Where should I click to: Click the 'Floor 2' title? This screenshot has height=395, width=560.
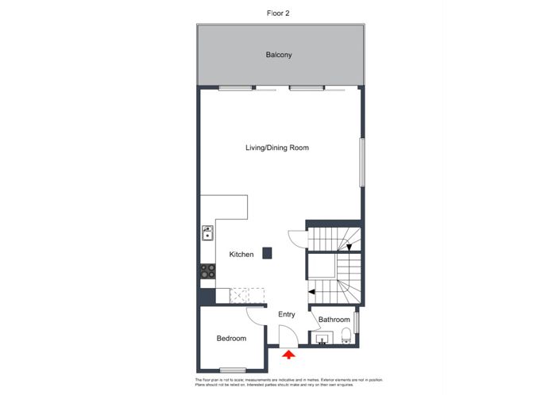click(280, 13)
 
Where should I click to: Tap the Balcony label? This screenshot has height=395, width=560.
click(280, 56)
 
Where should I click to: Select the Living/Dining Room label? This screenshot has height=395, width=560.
click(276, 148)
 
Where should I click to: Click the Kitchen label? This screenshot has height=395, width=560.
click(241, 255)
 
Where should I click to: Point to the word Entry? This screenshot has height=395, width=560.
click(287, 315)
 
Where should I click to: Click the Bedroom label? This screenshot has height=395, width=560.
click(231, 339)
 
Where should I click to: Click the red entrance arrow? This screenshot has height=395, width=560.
click(288, 356)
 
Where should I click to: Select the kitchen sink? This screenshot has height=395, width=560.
click(207, 233)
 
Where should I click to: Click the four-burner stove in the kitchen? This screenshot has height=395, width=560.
click(207, 270)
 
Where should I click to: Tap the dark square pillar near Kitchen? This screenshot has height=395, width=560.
click(268, 253)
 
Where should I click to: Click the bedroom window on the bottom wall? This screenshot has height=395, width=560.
click(233, 370)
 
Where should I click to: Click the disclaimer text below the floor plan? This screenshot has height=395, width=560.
click(280, 382)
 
